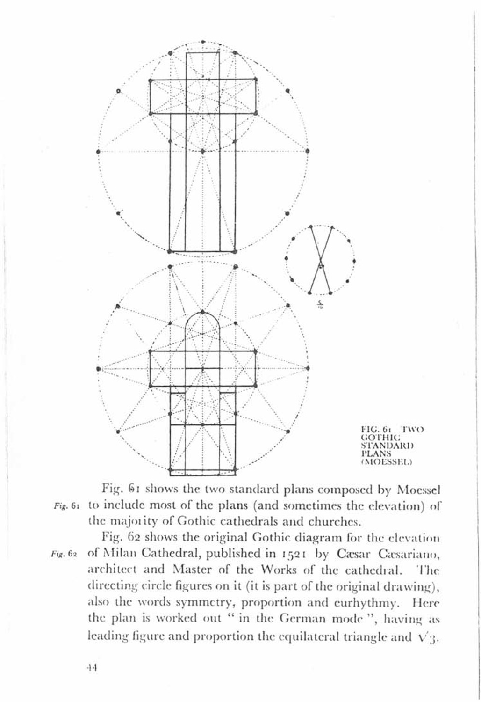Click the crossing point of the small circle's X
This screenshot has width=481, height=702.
click(320, 260)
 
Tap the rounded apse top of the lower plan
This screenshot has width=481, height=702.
click(202, 313)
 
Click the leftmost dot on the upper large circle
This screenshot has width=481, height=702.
click(98, 151)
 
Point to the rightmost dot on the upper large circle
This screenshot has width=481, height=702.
click(307, 151)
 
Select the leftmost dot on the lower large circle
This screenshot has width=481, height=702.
click(98, 368)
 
